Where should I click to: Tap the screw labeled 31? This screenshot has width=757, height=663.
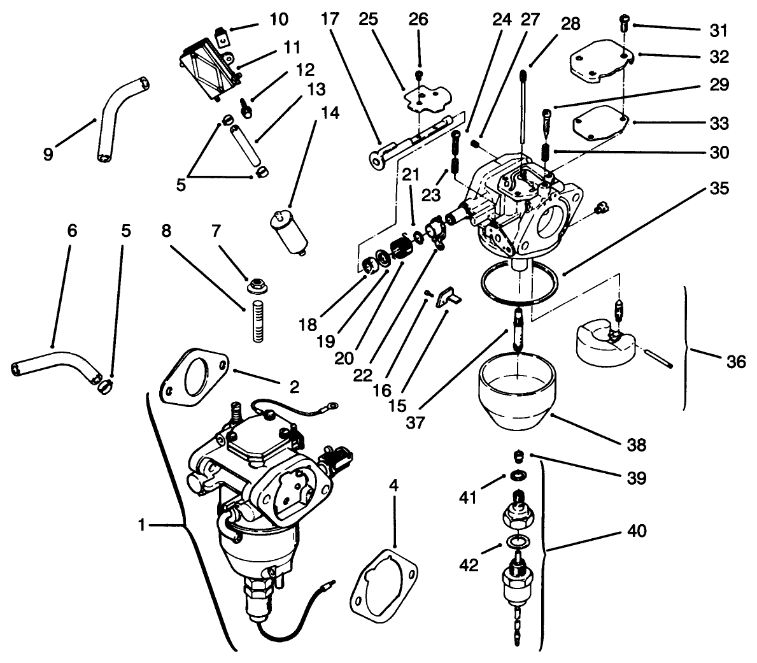(625, 24)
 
